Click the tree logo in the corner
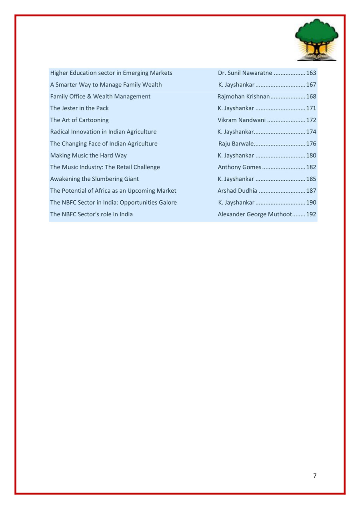point(316,40)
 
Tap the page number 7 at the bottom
point(315,475)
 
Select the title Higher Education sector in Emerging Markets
point(111,73)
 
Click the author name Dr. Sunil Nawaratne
point(245,73)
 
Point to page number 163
point(311,73)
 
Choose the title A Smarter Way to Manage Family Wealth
point(106,85)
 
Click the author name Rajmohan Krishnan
point(244,96)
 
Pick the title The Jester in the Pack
point(79,108)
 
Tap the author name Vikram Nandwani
point(242,120)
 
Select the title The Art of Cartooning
point(79,120)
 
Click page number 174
point(311,132)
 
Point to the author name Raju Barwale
point(236,144)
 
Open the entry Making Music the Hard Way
point(88,155)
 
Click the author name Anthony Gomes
point(239,167)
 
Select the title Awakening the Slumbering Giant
point(94,179)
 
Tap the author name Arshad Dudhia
point(237,191)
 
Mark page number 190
point(311,202)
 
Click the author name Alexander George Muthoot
point(255,214)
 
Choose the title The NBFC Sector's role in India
point(91,214)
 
